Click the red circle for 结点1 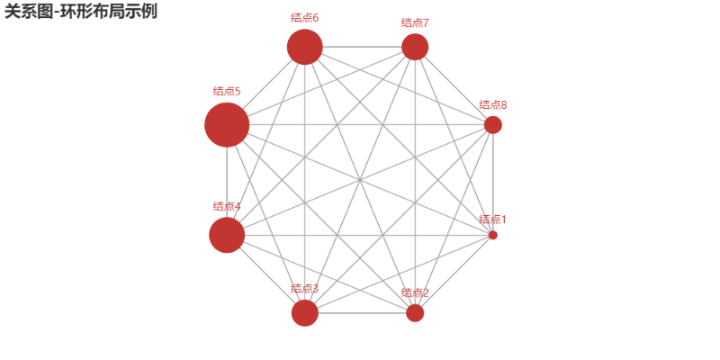(x=492, y=235)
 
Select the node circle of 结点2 (x=415, y=313)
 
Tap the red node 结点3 (x=305, y=313)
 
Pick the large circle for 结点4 (x=227, y=235)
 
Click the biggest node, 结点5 (x=227, y=124)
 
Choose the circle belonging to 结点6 (x=305, y=47)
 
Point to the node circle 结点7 (x=415, y=47)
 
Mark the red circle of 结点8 (x=492, y=124)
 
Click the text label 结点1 (x=492, y=219)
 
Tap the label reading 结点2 (x=415, y=292)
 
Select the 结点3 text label (x=305, y=288)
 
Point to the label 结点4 (x=227, y=206)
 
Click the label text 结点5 (x=227, y=91)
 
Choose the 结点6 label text (x=305, y=17)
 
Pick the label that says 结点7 (x=415, y=22)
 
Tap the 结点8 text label (x=492, y=104)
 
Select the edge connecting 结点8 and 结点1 (x=492, y=180)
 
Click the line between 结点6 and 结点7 (x=360, y=47)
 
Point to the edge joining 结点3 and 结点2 (x=360, y=313)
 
